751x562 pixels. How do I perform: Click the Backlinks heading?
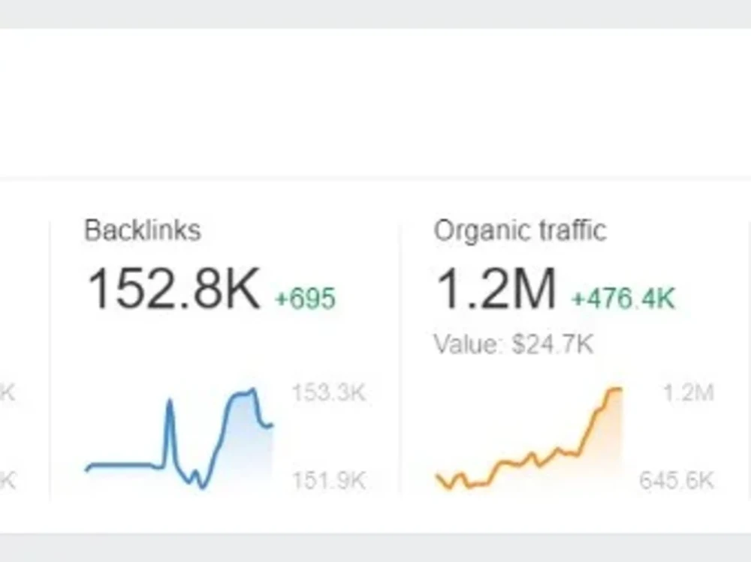pos(142,230)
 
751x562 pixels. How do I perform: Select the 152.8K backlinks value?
pos(173,289)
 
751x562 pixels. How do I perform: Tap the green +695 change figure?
pos(306,298)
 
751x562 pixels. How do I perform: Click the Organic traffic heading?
pos(520,231)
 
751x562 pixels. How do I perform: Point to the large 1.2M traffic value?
pos(496,289)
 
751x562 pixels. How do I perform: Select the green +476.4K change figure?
pos(623,298)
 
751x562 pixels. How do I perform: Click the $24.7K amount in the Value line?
pos(552,344)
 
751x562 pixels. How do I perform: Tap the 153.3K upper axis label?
pos(329,393)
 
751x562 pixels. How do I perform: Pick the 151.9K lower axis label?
pos(329,480)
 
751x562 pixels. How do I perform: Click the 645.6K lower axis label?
pos(677,480)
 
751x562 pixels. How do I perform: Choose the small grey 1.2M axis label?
pos(689,393)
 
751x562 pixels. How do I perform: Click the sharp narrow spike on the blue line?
pos(170,401)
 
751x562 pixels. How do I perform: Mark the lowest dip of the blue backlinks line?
pos(202,487)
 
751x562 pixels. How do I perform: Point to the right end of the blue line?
pos(272,425)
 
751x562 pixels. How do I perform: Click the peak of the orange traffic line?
pos(616,389)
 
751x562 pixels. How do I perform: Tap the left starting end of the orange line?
pos(437,476)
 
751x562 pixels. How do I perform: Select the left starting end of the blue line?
pos(86,470)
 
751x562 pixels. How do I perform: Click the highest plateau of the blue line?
pos(243,393)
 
